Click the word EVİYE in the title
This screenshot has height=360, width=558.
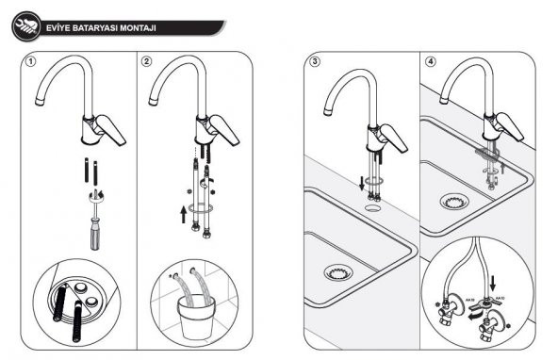tap(58, 27)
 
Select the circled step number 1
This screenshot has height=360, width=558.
tap(30, 62)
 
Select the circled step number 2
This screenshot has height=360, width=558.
tap(147, 62)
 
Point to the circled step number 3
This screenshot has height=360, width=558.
tap(316, 62)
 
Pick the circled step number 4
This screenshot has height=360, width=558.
tap(431, 62)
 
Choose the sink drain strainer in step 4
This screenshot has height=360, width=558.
tap(453, 202)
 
